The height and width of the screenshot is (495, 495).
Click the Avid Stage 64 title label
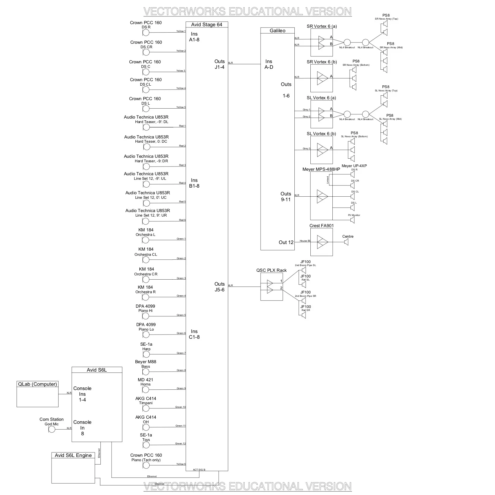(207, 25)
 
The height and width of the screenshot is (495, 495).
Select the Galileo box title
(278, 30)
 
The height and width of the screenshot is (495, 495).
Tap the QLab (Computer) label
(37, 384)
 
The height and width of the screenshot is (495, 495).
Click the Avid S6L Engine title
(73, 455)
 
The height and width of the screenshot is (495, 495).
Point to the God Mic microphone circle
(52, 429)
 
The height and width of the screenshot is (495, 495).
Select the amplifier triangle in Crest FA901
(322, 242)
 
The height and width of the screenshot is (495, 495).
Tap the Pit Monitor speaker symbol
(352, 221)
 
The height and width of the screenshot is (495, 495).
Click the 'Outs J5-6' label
(220, 287)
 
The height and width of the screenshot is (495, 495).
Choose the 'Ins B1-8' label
(194, 183)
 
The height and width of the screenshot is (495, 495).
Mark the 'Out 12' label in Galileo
(286, 242)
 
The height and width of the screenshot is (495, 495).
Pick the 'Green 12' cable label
(180, 443)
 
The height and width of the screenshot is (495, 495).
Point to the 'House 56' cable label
(305, 241)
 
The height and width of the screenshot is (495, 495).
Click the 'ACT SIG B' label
(199, 470)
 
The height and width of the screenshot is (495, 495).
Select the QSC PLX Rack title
(271, 270)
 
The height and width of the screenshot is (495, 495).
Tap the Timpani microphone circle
(146, 408)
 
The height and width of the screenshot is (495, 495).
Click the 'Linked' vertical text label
(328, 180)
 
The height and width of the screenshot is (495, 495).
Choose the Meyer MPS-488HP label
(321, 169)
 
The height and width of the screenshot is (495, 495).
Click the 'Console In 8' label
(82, 428)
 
